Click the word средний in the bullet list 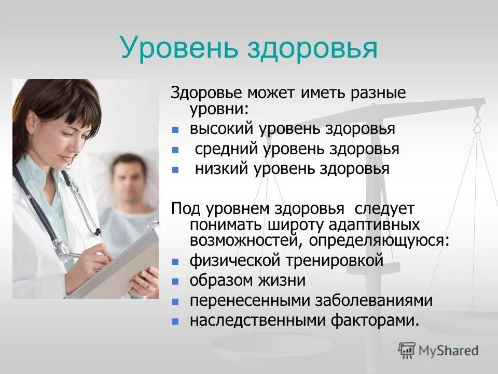pos(227,149)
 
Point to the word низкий pos(222,169)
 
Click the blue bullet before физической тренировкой pos(176,261)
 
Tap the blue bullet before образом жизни pos(176,282)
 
